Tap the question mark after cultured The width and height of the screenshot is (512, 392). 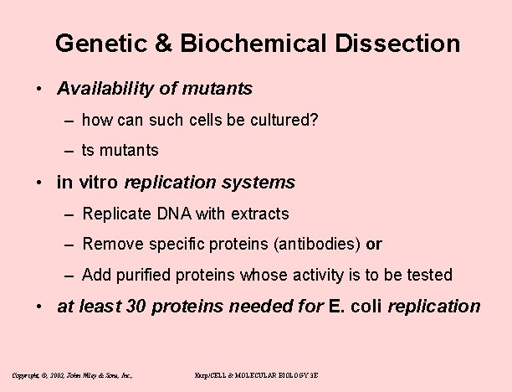(313, 120)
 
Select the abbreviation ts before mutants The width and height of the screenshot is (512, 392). (89, 151)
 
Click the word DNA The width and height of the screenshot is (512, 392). (167, 214)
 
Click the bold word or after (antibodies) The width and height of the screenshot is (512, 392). (375, 245)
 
